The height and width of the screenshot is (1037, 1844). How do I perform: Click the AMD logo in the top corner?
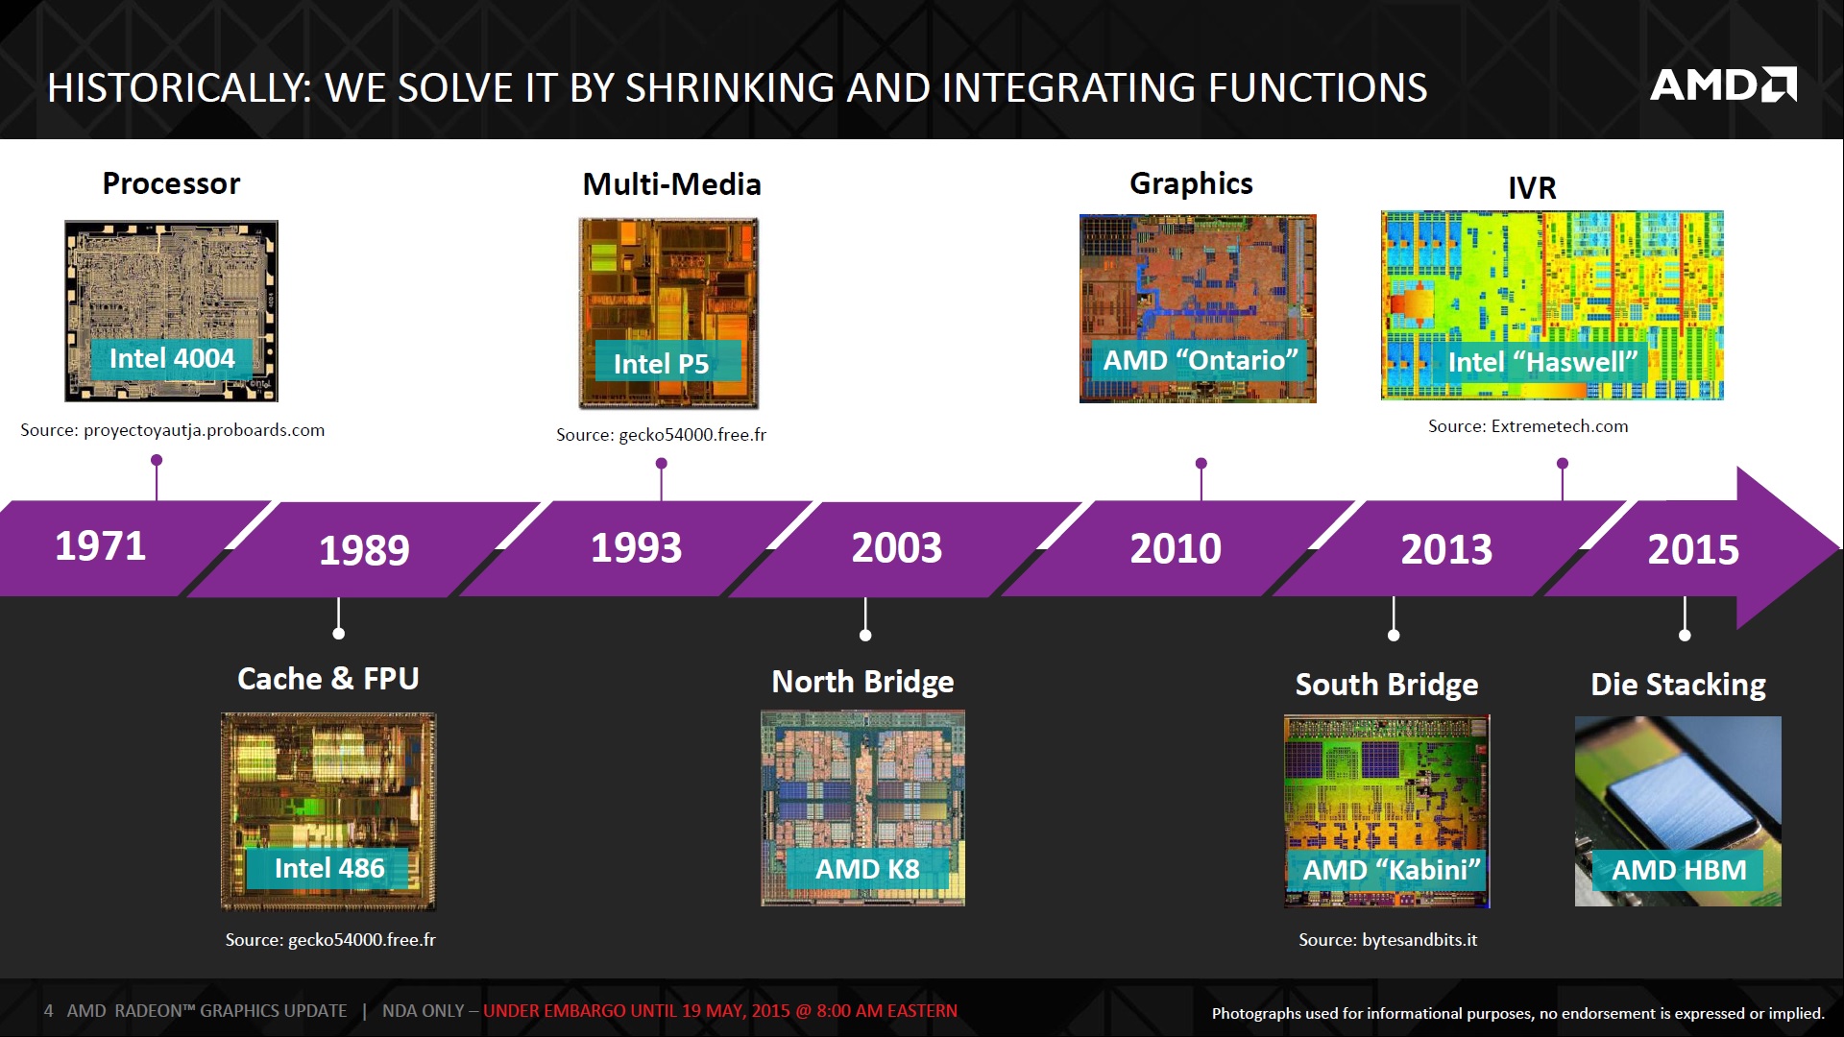(1722, 85)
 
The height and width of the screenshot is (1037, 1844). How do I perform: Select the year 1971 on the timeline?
(100, 546)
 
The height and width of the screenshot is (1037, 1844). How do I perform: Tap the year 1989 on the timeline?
(364, 550)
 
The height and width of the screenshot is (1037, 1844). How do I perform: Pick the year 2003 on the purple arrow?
(896, 548)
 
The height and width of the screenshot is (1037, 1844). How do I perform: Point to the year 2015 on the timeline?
(1692, 550)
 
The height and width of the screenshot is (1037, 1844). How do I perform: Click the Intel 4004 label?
(172, 359)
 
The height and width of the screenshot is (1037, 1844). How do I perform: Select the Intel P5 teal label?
(662, 364)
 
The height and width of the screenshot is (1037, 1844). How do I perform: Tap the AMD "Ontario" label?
(1200, 361)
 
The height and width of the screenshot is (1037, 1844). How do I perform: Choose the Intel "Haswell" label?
(1541, 363)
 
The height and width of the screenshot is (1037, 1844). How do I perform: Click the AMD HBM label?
(1678, 870)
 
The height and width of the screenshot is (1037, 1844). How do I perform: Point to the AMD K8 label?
(867, 869)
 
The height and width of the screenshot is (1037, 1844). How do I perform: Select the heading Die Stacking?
(1678, 685)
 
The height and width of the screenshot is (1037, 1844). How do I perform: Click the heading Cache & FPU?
(328, 679)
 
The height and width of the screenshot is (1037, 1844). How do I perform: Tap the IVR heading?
(1532, 187)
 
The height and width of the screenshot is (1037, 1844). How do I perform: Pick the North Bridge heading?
(862, 682)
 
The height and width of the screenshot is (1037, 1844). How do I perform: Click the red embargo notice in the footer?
(719, 1011)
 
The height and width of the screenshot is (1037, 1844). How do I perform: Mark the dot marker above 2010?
(1201, 464)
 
